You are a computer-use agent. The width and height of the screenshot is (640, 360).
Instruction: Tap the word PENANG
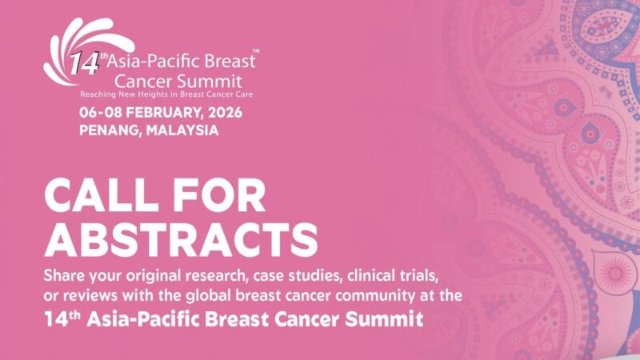click(x=107, y=129)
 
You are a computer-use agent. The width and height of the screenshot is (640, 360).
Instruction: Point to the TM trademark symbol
click(x=255, y=51)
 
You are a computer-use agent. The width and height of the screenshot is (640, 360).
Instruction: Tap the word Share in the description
click(x=66, y=277)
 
